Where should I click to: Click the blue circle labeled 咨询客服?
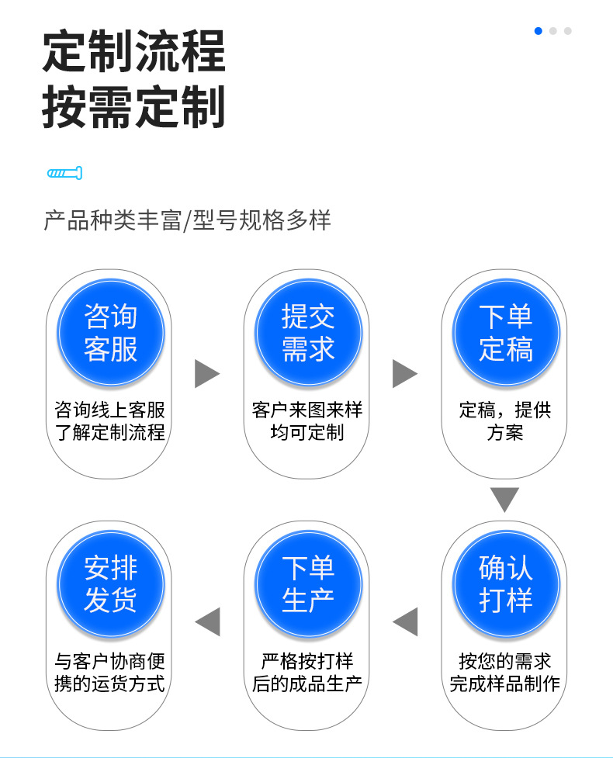110,333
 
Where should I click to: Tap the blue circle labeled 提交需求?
308,333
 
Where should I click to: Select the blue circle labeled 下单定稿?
505,333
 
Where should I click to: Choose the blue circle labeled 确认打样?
505,584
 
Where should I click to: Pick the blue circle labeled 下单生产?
308,584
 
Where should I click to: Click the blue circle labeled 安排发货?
110,584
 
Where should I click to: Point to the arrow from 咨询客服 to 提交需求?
206,374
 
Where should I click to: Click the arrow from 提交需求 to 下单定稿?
404,374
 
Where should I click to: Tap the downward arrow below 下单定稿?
504,499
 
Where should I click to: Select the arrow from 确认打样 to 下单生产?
405,621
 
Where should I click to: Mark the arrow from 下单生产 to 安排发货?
207,621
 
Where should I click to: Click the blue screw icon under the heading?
64,173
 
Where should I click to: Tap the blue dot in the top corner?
538,31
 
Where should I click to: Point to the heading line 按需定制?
133,106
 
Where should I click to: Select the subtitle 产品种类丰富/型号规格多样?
187,220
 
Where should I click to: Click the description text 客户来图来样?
307,410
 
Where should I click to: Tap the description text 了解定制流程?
110,432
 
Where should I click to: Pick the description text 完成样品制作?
504,684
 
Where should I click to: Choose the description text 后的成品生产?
307,684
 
